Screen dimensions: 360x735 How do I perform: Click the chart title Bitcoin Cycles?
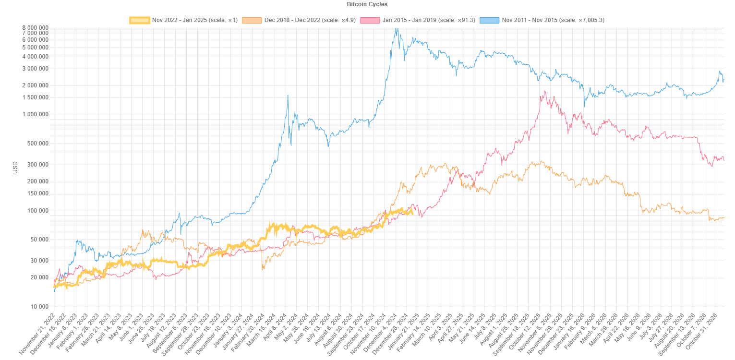click(x=367, y=4)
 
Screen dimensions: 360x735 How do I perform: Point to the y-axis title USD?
click(x=15, y=167)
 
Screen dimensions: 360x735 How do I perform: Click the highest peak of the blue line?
click(x=396, y=29)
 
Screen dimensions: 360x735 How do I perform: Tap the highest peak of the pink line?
click(x=545, y=91)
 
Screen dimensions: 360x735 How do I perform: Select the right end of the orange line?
click(x=723, y=218)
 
